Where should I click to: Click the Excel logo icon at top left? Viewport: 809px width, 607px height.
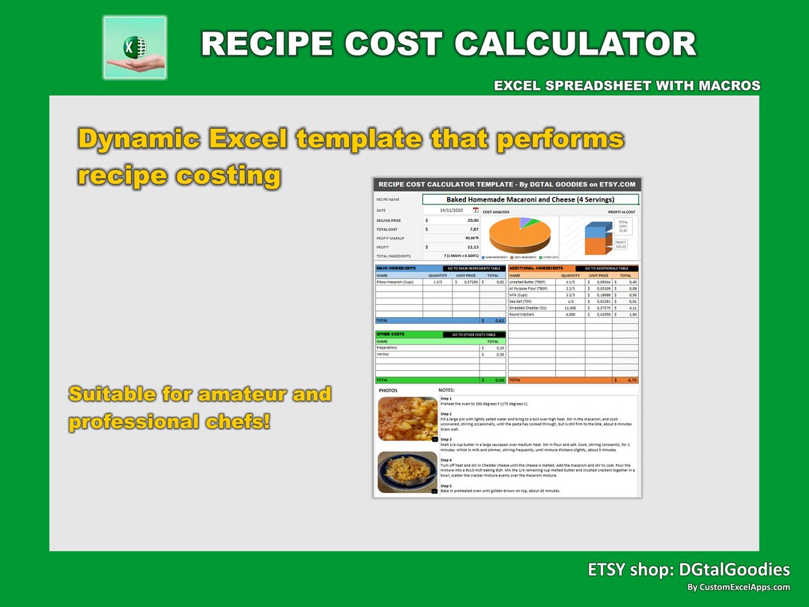point(135,47)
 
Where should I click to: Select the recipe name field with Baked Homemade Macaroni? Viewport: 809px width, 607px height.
point(530,199)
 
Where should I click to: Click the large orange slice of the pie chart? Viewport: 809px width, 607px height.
point(517,237)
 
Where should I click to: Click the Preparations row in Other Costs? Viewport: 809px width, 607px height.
point(387,348)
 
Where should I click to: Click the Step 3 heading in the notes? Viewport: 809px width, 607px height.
point(446,439)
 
